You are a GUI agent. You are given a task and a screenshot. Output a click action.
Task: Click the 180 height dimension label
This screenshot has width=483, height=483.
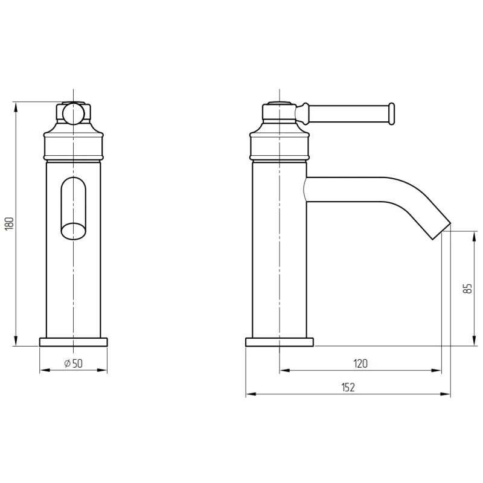[x=10, y=223]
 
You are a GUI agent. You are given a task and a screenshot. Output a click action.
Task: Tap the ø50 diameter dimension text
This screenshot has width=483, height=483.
[x=73, y=363]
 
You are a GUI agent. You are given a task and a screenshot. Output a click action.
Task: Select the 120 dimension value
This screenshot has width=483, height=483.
[x=360, y=363]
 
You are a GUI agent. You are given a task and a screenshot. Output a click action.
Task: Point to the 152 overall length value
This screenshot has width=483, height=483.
[x=348, y=387]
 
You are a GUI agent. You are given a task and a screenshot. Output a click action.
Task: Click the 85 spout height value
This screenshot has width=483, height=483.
[x=467, y=289]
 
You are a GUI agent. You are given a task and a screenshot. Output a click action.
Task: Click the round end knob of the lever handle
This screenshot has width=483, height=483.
[x=391, y=114]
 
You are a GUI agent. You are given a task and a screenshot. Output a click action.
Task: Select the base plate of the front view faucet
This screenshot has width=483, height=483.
[x=73, y=342]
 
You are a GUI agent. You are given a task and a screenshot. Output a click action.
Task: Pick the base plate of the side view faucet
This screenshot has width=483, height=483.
[x=280, y=342]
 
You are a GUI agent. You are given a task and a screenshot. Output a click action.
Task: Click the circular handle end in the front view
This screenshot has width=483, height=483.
[x=73, y=114]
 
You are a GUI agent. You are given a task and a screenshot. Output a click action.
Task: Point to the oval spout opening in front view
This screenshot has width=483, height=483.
[x=74, y=208]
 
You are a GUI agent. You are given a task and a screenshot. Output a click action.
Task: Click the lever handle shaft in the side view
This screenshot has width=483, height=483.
[x=349, y=114]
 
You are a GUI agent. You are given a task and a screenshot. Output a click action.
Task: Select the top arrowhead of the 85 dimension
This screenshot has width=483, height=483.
[x=475, y=236]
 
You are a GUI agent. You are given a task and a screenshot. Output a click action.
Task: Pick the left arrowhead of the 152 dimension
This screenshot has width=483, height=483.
[x=251, y=394]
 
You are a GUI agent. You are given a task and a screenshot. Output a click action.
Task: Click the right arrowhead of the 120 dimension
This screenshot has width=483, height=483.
[x=436, y=370]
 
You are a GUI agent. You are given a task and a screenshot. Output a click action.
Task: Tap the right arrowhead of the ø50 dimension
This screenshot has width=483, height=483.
[x=102, y=370]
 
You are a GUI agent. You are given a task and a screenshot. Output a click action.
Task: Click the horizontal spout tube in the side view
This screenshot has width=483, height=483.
[x=345, y=190]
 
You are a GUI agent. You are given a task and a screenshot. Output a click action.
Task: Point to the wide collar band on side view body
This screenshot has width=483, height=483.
[x=280, y=147]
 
